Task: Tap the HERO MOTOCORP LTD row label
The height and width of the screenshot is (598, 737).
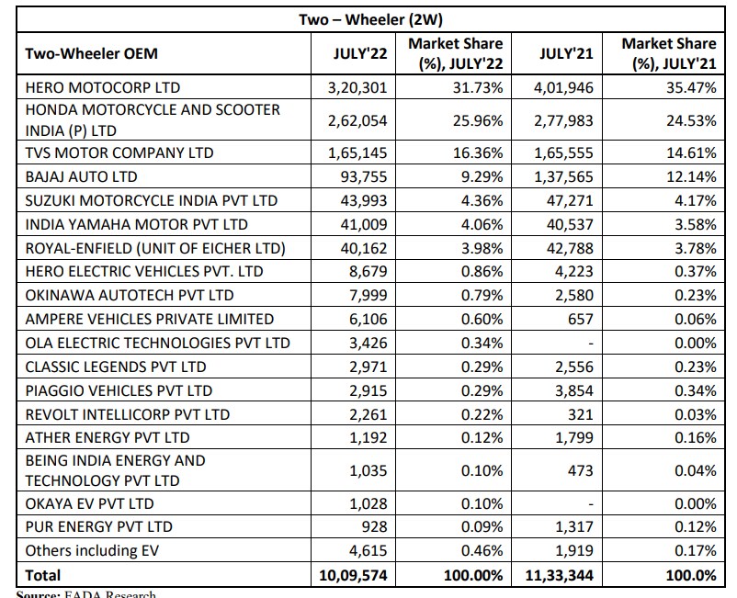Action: [102, 87]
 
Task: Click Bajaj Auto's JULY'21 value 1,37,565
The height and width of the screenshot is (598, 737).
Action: [564, 175]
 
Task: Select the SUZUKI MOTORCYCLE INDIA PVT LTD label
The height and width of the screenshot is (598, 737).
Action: [152, 199]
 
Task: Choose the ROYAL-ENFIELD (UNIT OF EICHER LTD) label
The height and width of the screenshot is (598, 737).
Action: [155, 247]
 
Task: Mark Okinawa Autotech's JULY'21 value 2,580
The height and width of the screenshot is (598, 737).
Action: [576, 295]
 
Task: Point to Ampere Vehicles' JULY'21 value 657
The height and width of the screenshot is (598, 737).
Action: [584, 319]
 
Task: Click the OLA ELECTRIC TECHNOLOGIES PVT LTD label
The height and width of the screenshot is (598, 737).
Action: [157, 343]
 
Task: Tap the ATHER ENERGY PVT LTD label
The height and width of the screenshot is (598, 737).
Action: [108, 437]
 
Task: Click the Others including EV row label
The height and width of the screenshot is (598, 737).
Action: [91, 551]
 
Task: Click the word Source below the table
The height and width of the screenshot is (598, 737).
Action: [38, 593]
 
